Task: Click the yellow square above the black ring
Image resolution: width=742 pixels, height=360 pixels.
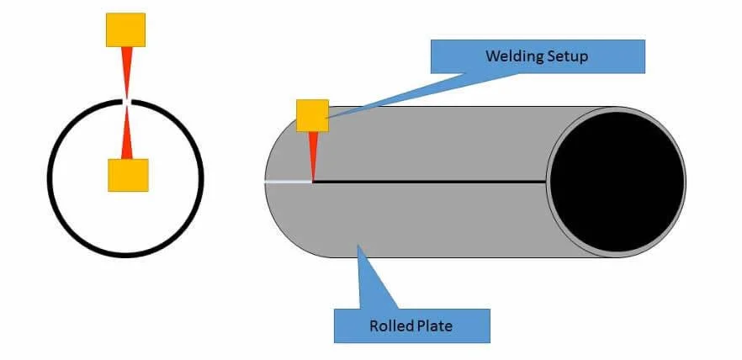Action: (x=125, y=29)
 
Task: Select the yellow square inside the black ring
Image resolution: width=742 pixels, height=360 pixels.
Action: (x=128, y=175)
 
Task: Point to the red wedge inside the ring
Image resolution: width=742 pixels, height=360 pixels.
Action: (x=127, y=135)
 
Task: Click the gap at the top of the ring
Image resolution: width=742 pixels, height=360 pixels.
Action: (x=126, y=101)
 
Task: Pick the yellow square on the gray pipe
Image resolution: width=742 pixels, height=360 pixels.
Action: (x=312, y=115)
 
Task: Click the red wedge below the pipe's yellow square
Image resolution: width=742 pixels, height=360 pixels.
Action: (x=313, y=151)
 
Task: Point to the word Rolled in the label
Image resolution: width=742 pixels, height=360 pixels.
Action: (x=390, y=326)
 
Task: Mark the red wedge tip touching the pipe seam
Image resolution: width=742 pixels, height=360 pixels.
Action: (x=313, y=178)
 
